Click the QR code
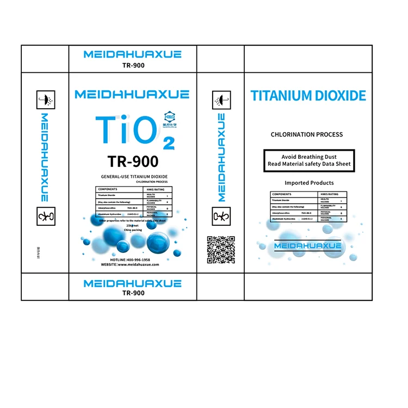click(x=221, y=250)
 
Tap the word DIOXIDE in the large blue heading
click(x=342, y=96)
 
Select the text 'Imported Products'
click(x=309, y=183)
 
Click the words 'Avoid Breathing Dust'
click(x=309, y=157)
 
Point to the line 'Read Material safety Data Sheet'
click(x=309, y=164)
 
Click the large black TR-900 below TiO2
click(x=133, y=162)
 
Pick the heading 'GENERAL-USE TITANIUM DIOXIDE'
click(x=134, y=177)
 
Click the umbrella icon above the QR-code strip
click(x=221, y=100)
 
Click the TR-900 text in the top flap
click(x=133, y=65)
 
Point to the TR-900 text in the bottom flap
click(x=133, y=293)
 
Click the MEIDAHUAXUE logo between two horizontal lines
click(x=308, y=246)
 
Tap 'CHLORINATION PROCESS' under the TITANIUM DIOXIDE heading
click(x=307, y=134)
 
